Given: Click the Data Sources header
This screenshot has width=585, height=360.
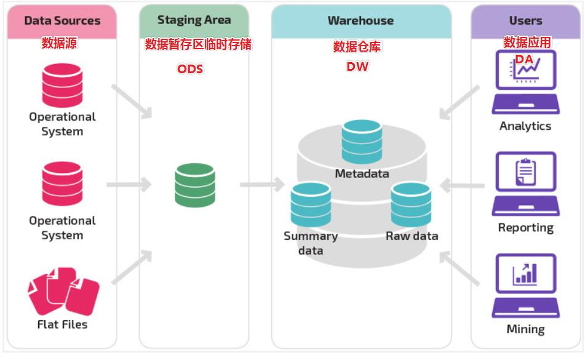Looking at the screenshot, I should tap(62, 20).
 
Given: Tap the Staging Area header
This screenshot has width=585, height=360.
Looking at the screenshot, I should tap(194, 20).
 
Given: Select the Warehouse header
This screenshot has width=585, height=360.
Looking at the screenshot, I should tap(360, 20).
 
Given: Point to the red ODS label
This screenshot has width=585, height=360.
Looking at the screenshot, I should tap(190, 69).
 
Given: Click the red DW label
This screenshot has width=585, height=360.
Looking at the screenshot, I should tap(357, 66).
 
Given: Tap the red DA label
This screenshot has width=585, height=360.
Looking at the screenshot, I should tap(524, 58).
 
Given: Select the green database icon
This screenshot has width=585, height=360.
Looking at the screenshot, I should tap(194, 185).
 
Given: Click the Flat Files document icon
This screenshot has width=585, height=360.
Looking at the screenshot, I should tap(63, 292).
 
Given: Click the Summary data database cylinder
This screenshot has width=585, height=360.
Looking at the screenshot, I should tap(311, 205).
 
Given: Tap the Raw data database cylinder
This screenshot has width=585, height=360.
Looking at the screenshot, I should tap(411, 205).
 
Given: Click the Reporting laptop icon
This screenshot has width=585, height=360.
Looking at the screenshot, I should tap(525, 183).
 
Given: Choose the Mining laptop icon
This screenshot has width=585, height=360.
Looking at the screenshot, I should tap(525, 285).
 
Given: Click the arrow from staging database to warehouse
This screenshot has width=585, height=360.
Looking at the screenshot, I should tap(262, 184).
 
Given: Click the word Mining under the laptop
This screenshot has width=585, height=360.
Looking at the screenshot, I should tap(525, 329).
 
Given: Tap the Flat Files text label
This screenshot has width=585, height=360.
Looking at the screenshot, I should tap(62, 324).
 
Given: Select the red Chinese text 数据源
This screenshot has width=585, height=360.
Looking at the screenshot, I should tap(59, 43).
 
